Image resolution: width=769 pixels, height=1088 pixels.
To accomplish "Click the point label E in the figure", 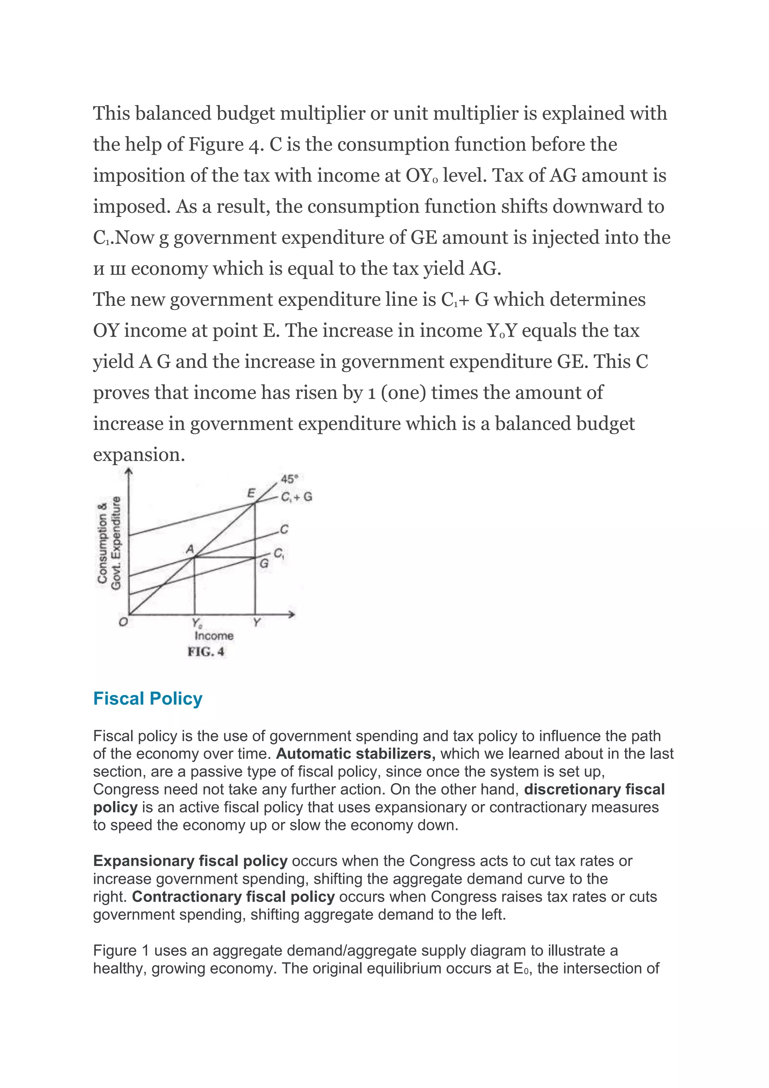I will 252,493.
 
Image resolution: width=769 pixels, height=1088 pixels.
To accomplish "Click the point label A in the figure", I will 190,549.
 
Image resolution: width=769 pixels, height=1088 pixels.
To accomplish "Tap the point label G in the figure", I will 264,564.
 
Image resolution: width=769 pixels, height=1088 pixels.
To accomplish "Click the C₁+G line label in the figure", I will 296,497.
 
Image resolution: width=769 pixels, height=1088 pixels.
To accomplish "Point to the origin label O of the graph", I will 123,622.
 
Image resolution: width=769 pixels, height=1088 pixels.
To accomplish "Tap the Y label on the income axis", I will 257,622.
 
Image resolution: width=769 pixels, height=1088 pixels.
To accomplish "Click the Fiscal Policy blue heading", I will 148,698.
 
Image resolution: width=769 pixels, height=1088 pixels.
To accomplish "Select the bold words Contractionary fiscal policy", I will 234,896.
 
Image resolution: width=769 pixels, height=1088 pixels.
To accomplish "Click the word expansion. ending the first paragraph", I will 139,455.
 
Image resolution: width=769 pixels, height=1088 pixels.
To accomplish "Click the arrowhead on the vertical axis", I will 129,470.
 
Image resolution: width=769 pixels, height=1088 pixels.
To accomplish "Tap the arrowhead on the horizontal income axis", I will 292,615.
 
